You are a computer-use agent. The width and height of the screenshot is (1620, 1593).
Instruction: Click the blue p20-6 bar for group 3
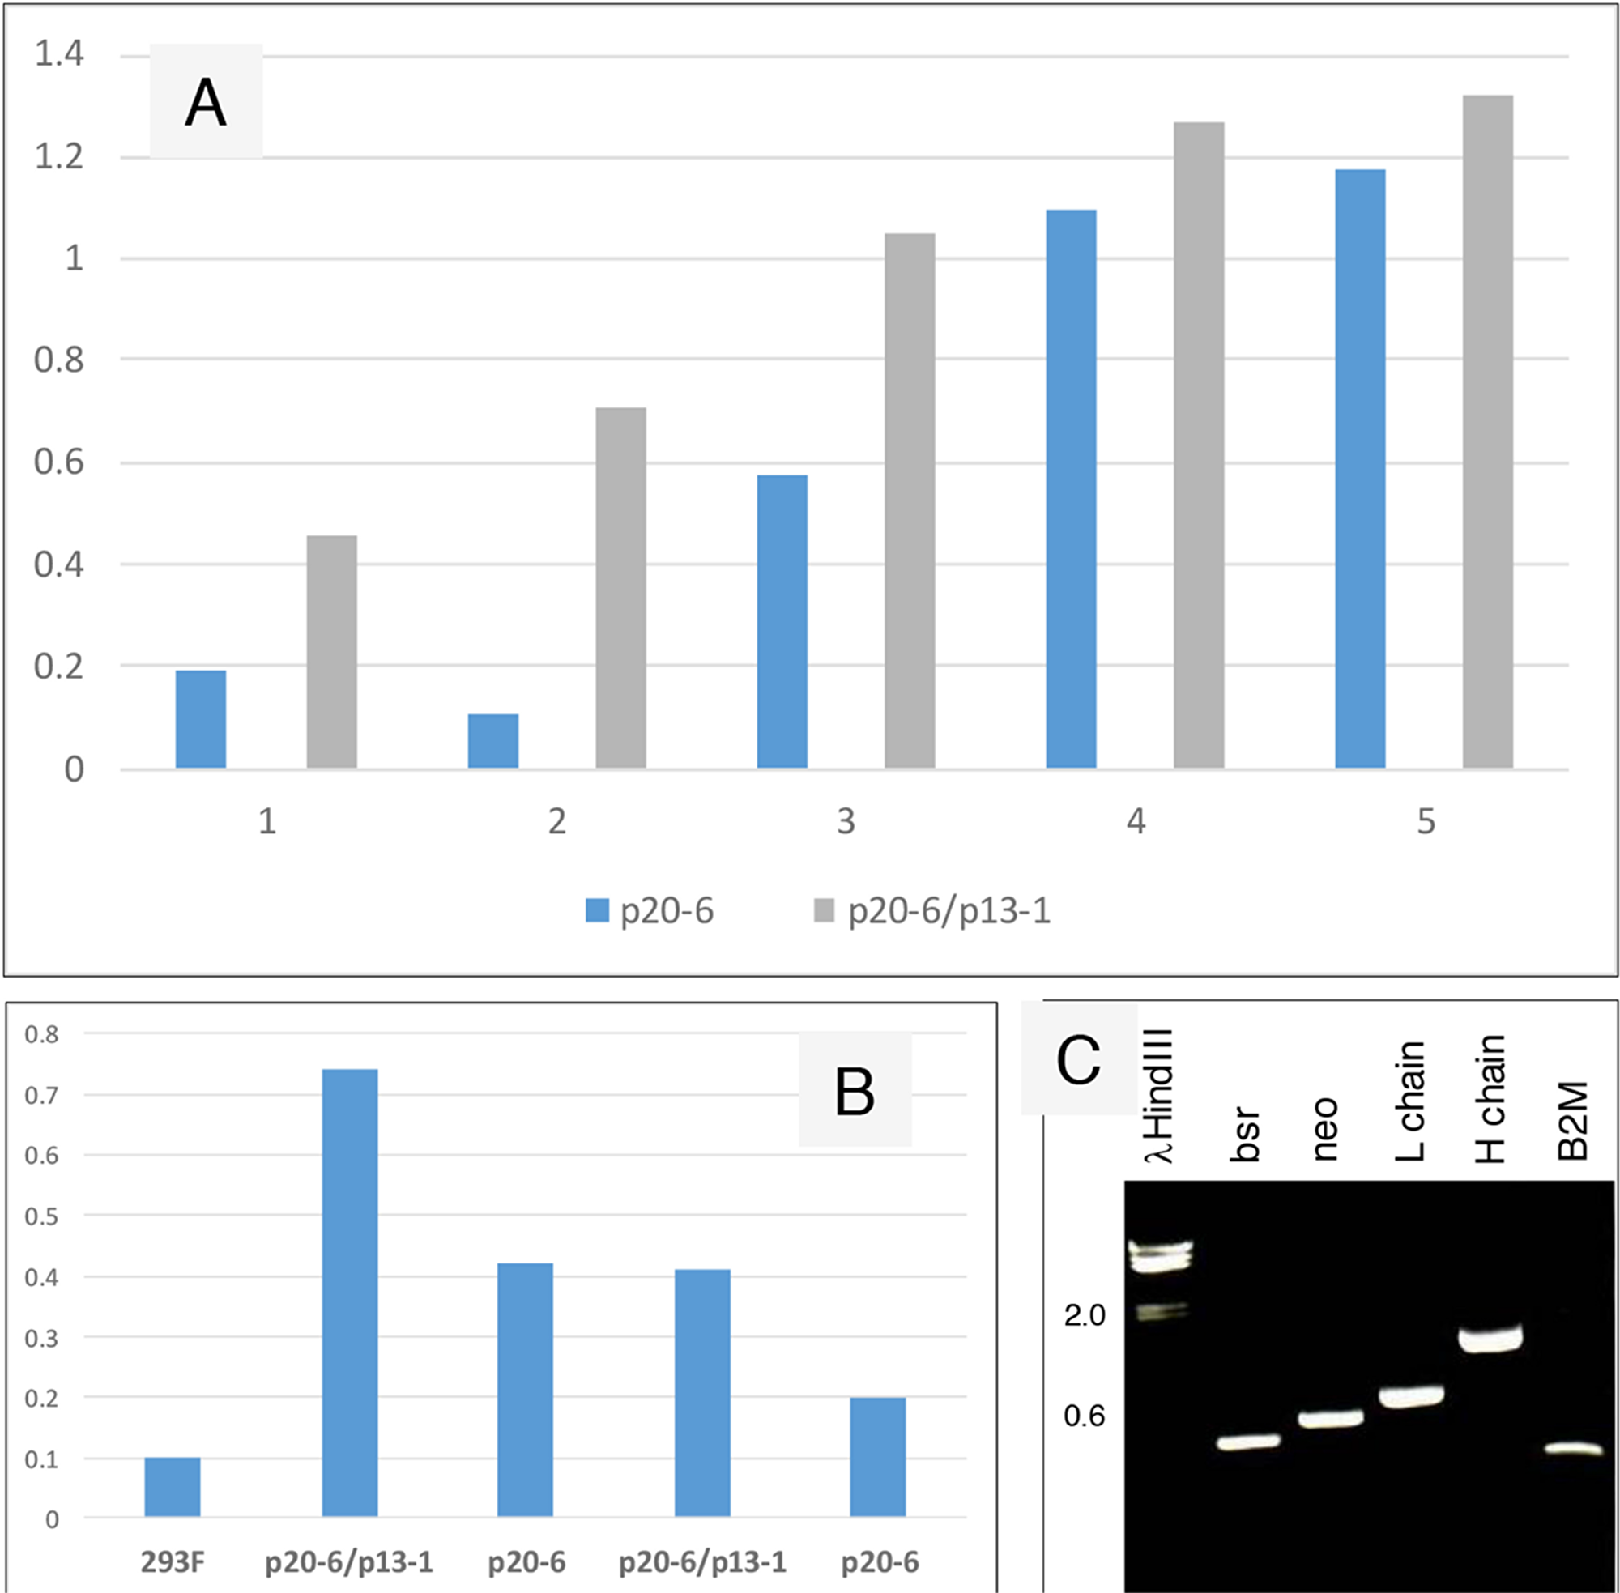782,621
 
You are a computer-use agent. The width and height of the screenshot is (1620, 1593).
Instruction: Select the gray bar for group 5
1487,432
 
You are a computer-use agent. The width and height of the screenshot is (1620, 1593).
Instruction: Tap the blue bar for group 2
492,740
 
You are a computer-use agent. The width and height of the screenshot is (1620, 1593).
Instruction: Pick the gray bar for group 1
331,651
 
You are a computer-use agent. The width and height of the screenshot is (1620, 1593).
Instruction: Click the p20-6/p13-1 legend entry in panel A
932,911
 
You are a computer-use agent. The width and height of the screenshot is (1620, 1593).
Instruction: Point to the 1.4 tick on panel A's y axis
58,55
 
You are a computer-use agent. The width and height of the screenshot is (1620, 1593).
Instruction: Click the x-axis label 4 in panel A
1135,821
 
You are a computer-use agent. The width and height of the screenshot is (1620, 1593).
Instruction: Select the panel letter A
205,103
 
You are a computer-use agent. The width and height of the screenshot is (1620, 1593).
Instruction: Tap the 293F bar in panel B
173,1487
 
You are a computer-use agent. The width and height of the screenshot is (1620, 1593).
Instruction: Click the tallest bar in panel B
350,1292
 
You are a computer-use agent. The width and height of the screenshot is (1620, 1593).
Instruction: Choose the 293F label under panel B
173,1561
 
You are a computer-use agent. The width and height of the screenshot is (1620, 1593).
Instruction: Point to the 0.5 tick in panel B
41,1216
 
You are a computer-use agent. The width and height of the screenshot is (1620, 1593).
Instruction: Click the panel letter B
855,1091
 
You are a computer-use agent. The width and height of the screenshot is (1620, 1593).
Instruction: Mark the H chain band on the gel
1490,1339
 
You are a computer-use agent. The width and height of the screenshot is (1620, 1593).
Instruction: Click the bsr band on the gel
1247,1442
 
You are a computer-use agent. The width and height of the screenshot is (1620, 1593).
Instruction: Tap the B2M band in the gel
1572,1448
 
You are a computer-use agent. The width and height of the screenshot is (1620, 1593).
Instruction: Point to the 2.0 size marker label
1084,1316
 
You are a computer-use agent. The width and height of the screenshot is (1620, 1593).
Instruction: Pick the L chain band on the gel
1411,1396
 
